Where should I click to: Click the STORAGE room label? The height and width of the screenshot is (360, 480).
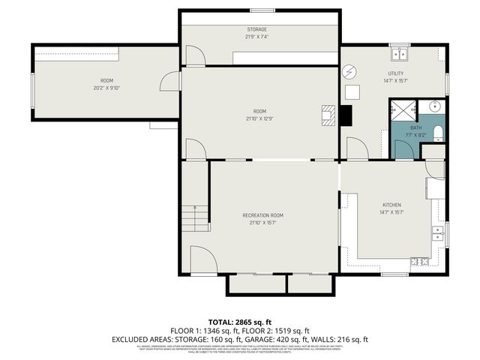[256, 29]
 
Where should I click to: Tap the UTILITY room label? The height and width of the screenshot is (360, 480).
[395, 73]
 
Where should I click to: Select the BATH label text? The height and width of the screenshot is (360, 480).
[415, 127]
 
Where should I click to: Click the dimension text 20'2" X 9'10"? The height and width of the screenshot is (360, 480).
[107, 87]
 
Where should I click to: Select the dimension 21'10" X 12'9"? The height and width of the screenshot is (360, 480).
[259, 118]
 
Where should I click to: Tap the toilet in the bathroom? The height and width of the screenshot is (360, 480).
[438, 133]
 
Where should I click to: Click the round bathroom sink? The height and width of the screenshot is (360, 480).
[436, 106]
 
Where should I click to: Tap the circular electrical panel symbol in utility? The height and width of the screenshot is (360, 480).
[349, 72]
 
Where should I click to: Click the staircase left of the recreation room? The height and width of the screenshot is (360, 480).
[196, 217]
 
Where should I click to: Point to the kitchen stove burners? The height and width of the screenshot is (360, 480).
[418, 261]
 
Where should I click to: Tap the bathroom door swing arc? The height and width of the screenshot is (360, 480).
[403, 148]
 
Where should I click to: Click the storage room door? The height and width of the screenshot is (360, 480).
[194, 55]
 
